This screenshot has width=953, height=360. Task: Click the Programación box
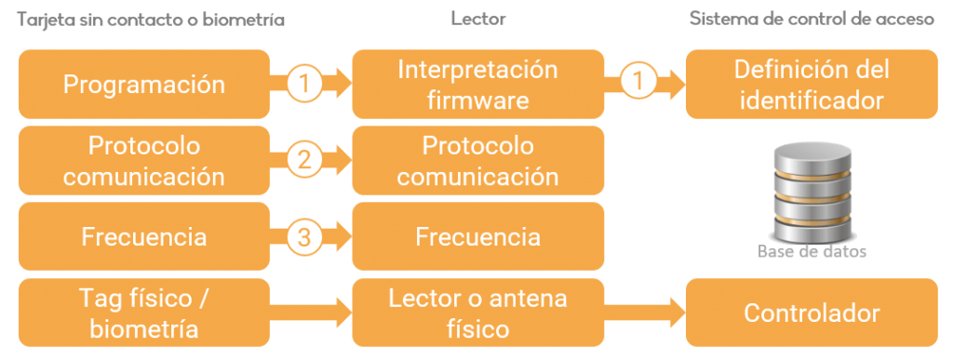[x=144, y=85]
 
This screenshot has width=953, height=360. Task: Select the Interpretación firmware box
[x=477, y=85]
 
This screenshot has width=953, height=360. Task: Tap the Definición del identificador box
[x=812, y=85]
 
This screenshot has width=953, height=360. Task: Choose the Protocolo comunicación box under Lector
[x=477, y=161]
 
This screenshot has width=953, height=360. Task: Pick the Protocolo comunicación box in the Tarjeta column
[x=144, y=161]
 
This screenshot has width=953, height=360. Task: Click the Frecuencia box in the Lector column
[x=477, y=237]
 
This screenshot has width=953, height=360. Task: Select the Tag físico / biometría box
[x=144, y=313]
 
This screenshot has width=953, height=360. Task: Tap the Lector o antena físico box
[x=477, y=313]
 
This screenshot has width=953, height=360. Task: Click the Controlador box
[x=812, y=313]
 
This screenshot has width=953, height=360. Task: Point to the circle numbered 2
[x=303, y=161]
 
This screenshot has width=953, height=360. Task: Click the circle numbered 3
[x=303, y=237]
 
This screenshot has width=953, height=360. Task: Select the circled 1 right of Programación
[x=303, y=85]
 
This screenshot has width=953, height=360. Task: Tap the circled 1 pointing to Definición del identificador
[x=638, y=85]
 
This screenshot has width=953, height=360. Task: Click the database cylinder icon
[x=812, y=191]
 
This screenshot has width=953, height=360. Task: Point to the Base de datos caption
[x=812, y=252]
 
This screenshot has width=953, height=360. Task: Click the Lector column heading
[x=478, y=19]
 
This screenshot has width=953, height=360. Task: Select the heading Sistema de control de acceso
[x=812, y=19]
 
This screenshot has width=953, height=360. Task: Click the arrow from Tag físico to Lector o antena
[x=311, y=313]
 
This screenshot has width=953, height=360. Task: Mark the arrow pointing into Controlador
[x=645, y=313]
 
